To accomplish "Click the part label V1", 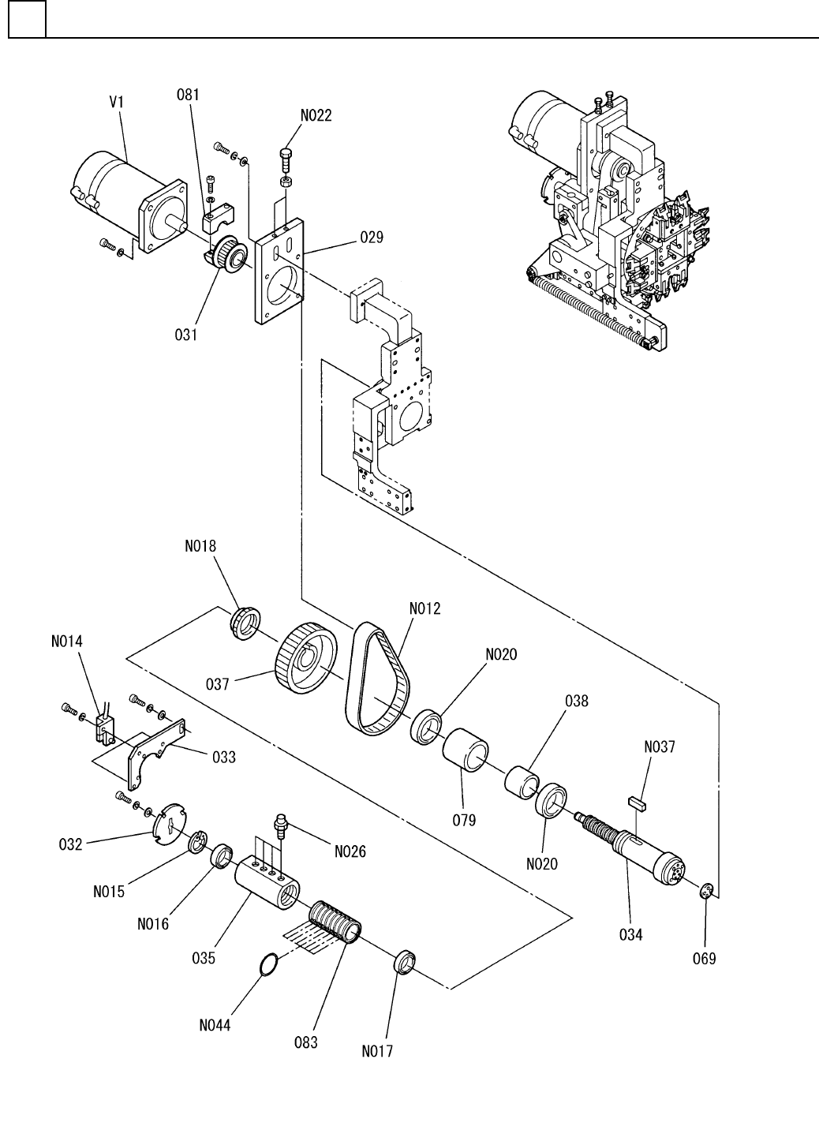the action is [117, 102].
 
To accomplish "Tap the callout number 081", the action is [188, 95].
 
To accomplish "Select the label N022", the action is [316, 115].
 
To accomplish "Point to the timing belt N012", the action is [378, 678].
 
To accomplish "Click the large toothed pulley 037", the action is [306, 660].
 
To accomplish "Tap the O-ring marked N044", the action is [268, 966].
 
